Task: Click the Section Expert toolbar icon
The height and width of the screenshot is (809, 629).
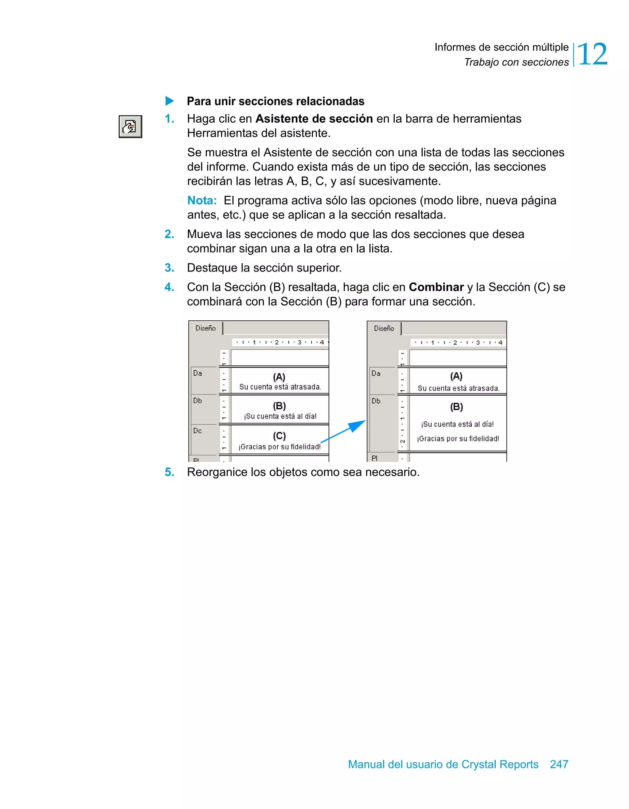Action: [130, 127]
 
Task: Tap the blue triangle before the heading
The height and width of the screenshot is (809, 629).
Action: [169, 101]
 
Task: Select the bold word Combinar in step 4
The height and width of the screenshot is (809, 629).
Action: [436, 287]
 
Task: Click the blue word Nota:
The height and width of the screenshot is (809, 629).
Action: [202, 200]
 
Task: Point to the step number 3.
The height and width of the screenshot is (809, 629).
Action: [169, 268]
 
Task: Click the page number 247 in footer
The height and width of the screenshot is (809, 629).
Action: [559, 764]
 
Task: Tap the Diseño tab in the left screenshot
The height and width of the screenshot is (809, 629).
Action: [205, 328]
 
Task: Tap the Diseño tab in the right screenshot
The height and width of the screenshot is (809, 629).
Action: [384, 329]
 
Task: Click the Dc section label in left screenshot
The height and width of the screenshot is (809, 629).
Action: [197, 431]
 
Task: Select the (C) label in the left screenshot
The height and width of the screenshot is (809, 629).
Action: [279, 436]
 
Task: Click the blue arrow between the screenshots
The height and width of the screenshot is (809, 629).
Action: [345, 431]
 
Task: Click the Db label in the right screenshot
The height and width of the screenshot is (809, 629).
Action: [376, 401]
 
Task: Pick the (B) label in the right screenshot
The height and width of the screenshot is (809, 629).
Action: [456, 407]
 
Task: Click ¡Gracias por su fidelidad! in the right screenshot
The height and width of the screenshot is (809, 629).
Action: [458, 439]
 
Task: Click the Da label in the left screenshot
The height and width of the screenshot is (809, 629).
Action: [197, 373]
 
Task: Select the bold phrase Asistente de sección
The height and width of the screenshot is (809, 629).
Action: [314, 119]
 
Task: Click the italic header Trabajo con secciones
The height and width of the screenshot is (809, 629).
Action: [516, 62]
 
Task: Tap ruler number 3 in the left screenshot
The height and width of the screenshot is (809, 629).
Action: [299, 342]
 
